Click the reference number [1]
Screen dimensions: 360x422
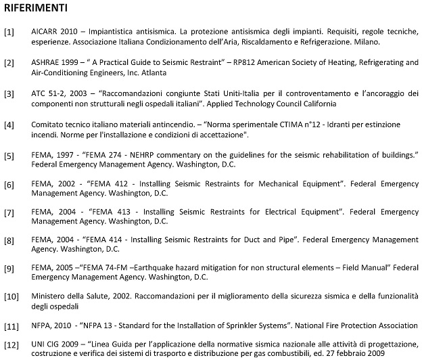(x=9, y=32)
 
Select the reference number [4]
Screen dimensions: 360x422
(x=9, y=126)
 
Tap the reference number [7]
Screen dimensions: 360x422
(x=9, y=212)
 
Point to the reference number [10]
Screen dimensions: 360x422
(x=11, y=296)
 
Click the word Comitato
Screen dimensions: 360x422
(x=49, y=125)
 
